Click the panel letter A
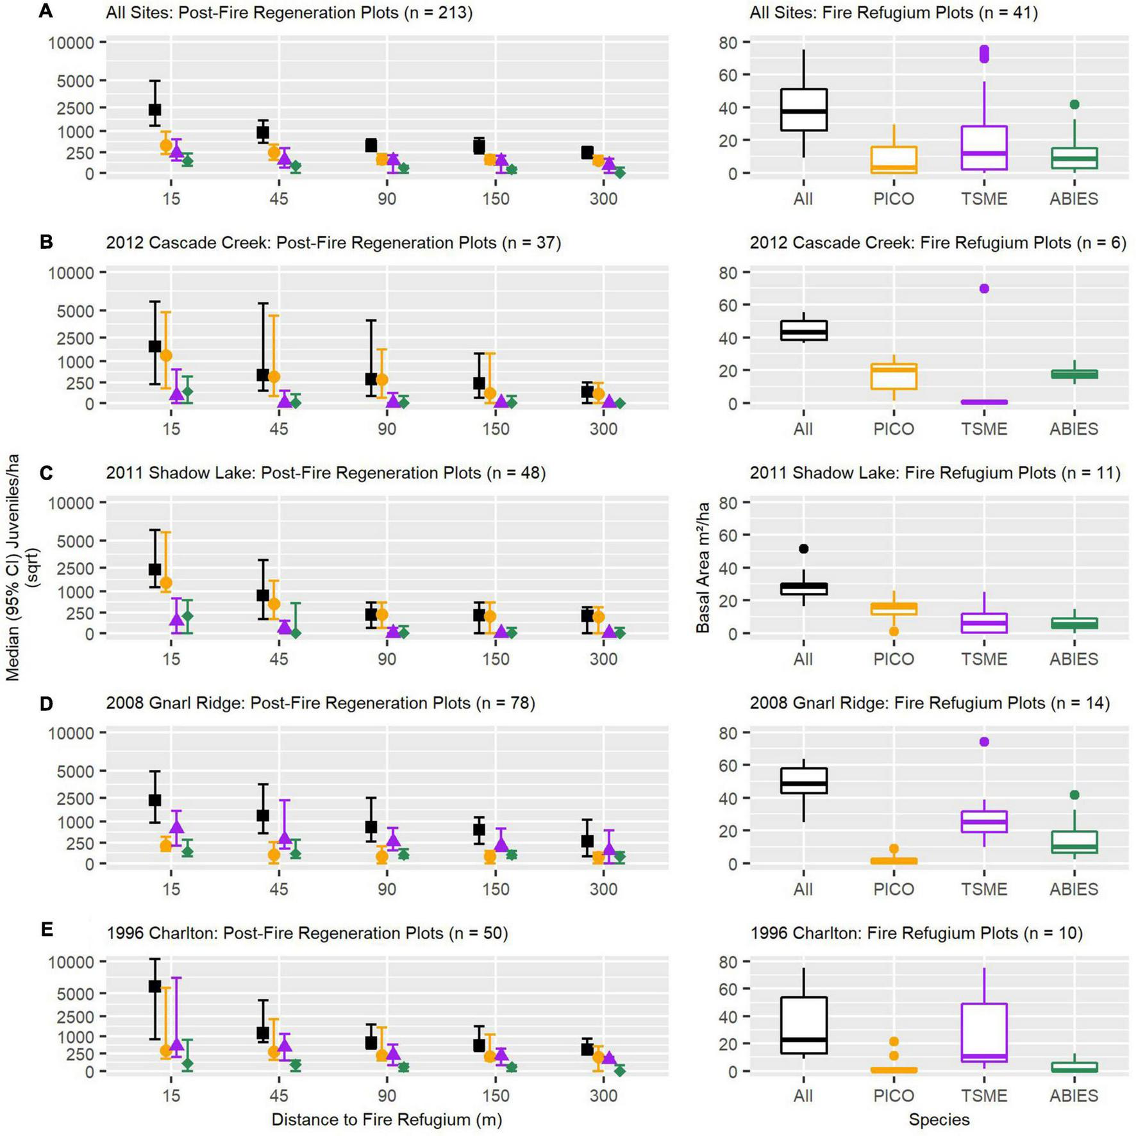tap(46, 12)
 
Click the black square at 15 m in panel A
tap(155, 110)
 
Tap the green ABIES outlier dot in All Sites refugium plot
tap(1074, 104)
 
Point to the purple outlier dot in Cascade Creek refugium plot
tap(984, 288)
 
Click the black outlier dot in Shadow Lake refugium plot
tap(803, 549)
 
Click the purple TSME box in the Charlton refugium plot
tap(984, 1032)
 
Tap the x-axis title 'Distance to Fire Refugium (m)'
tap(387, 1119)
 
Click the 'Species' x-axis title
tap(939, 1119)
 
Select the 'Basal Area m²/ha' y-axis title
tap(703, 567)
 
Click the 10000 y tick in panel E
tap(71, 962)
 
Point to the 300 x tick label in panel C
tap(603, 659)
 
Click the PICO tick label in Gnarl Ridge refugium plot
tap(893, 889)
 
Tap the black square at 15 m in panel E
tap(155, 986)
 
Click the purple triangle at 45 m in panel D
tap(285, 837)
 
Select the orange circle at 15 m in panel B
tap(166, 355)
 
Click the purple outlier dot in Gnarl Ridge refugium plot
tap(984, 742)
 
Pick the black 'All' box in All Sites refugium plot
tap(803, 110)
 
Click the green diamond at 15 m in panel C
tap(187, 616)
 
